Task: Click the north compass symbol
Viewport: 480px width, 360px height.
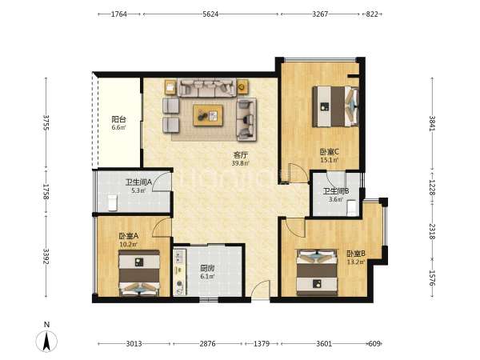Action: tap(46, 341)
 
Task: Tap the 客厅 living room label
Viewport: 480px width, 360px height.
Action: tap(241, 155)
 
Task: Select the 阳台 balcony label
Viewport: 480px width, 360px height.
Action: tap(118, 119)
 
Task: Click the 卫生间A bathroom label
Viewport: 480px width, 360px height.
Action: tap(138, 182)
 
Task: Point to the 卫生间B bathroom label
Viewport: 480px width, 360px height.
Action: tap(336, 191)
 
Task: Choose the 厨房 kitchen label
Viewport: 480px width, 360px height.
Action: tap(207, 269)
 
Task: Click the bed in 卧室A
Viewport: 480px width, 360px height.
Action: tap(139, 273)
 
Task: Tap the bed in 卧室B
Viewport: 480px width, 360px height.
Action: tap(317, 273)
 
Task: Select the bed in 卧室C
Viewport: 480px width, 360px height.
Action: tap(335, 106)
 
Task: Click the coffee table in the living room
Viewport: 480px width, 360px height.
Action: tap(208, 115)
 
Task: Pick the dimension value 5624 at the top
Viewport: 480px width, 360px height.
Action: tap(210, 14)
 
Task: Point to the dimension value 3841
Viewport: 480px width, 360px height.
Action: tap(432, 123)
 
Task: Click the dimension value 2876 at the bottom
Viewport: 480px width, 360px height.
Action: tap(207, 344)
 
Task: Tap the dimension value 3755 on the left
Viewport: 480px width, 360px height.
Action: tap(46, 122)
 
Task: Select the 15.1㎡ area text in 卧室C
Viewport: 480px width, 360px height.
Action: tap(330, 160)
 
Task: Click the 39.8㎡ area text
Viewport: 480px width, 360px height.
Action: tap(241, 163)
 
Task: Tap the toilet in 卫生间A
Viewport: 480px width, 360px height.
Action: tap(113, 202)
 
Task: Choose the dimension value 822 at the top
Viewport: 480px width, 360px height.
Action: tap(372, 14)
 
